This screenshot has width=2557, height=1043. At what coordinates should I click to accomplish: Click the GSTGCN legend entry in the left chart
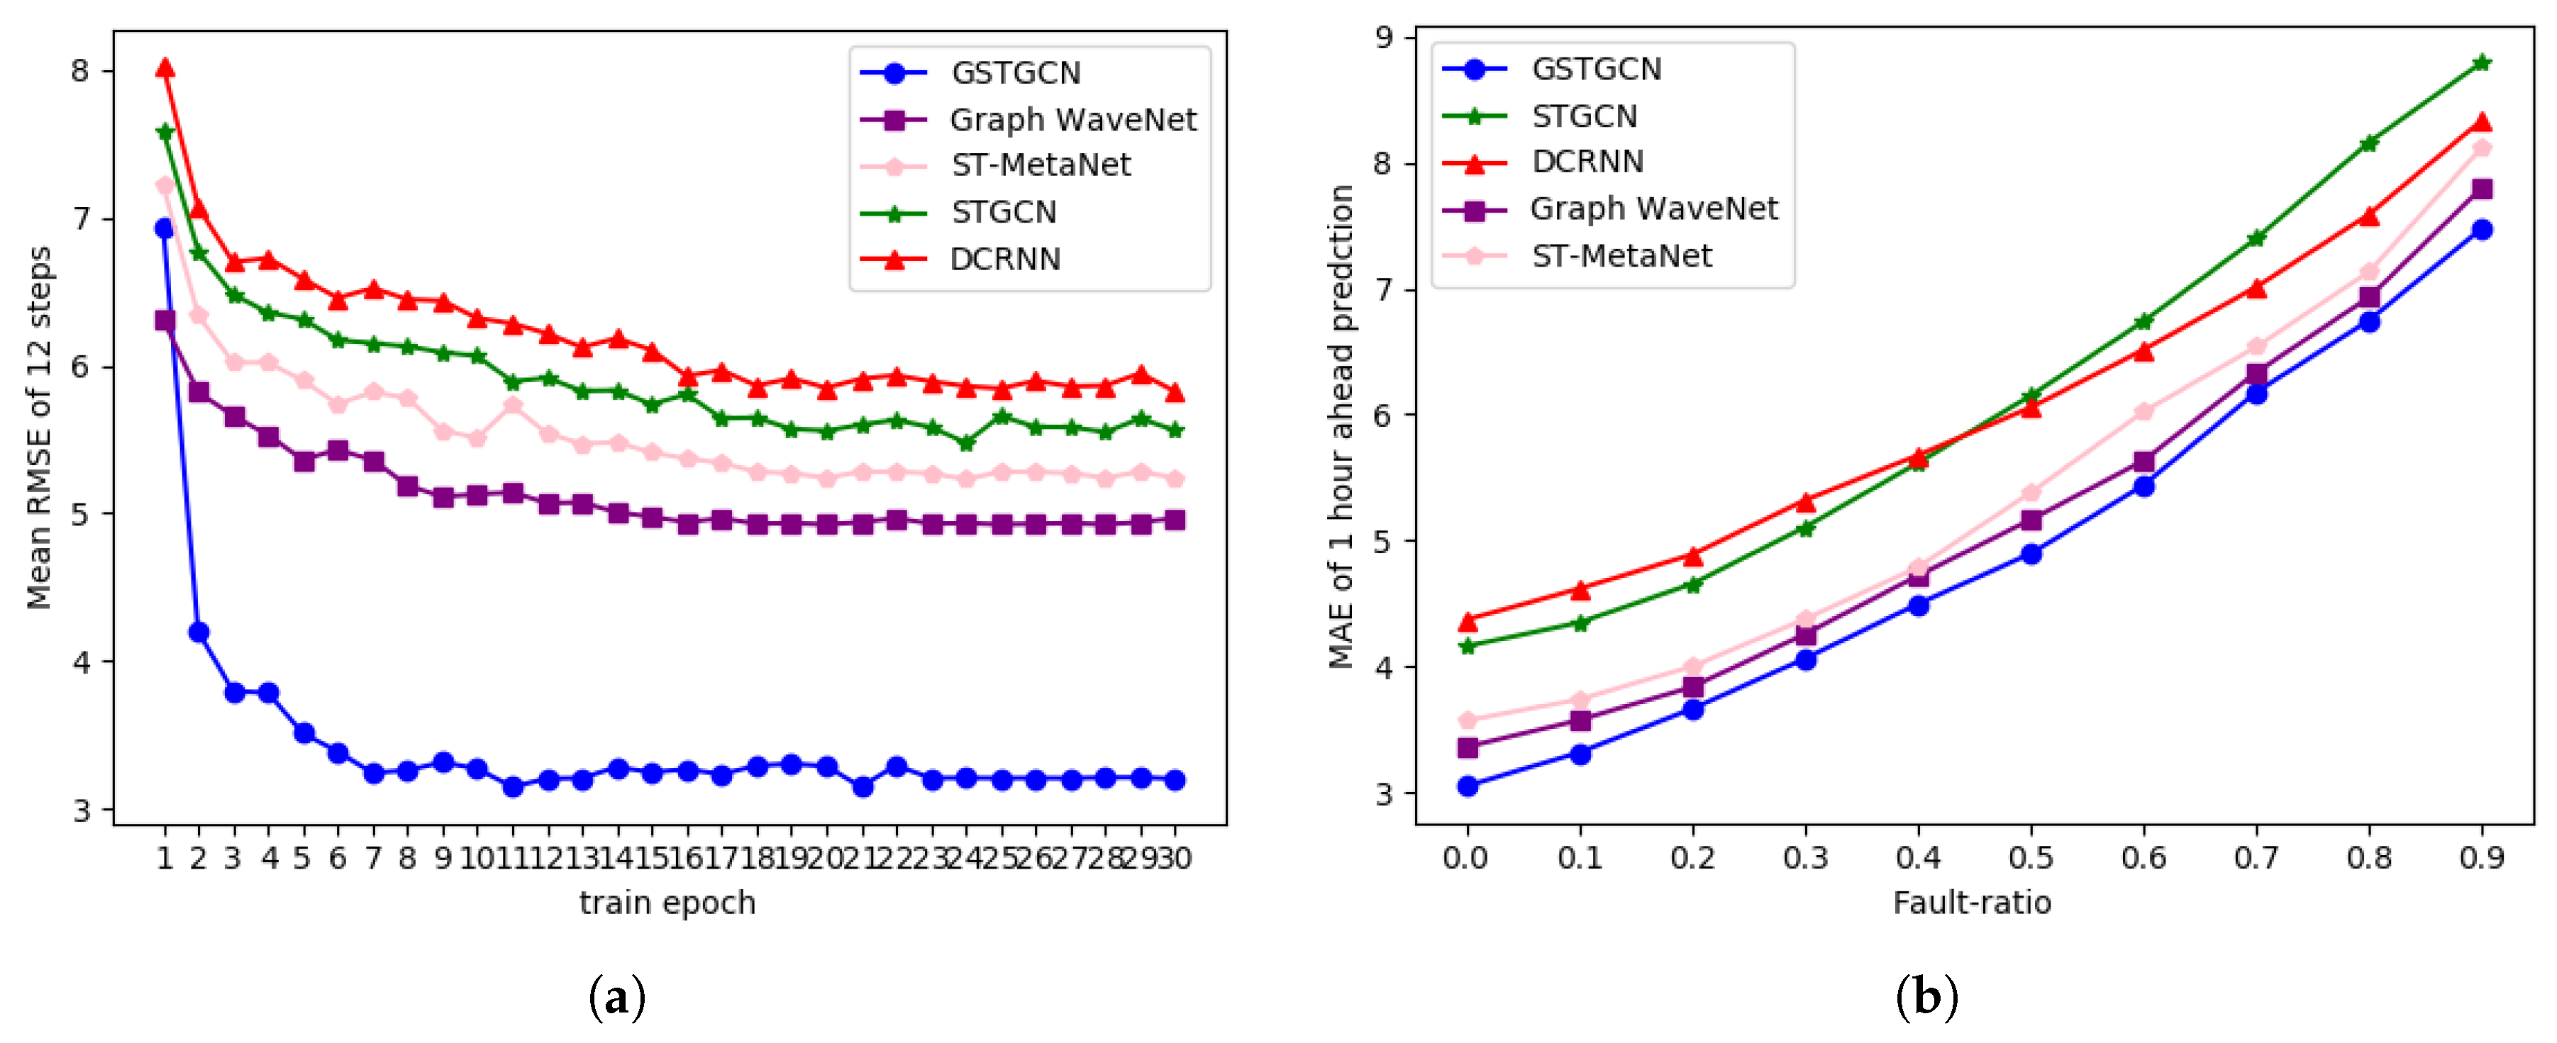pos(1014,72)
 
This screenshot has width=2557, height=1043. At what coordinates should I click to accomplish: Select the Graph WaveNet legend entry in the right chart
pos(1653,208)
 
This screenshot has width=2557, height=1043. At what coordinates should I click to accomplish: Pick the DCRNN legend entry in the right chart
pos(1586,162)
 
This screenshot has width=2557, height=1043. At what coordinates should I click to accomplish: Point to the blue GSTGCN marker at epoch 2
pos(199,632)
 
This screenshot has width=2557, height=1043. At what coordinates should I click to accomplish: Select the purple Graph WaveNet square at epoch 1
pos(165,320)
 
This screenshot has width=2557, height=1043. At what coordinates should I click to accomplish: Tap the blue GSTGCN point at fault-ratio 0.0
pos(1467,786)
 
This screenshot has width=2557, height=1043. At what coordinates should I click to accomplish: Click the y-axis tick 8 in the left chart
pos(79,70)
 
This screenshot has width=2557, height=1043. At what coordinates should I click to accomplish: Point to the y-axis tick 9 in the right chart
pos(1384,38)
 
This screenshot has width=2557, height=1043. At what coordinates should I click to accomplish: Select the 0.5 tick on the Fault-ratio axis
pos(2031,857)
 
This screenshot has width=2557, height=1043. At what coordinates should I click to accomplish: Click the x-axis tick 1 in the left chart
pos(165,857)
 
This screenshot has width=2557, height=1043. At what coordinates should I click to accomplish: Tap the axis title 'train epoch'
pos(667,903)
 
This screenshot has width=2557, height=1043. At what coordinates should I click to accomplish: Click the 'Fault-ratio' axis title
pos(1971,903)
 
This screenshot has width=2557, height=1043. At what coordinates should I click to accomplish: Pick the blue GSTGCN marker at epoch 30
pos(1175,780)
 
